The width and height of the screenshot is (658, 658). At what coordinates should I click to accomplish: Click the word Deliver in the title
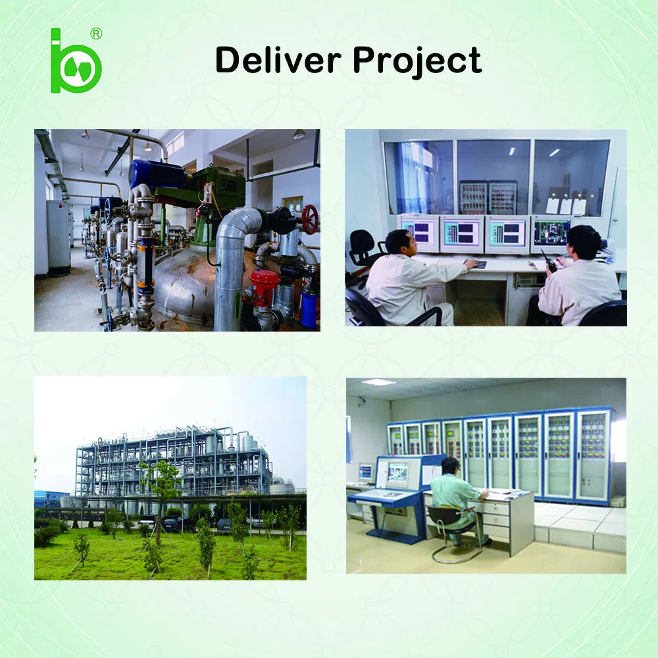click(278, 60)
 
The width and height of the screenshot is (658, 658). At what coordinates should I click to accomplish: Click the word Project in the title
click(417, 62)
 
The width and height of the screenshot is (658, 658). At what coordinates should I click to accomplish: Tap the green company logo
click(75, 61)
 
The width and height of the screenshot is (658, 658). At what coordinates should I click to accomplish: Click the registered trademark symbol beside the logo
click(96, 34)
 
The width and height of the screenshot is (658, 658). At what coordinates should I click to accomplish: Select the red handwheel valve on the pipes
click(310, 219)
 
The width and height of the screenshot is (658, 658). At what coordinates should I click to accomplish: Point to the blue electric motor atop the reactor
click(157, 173)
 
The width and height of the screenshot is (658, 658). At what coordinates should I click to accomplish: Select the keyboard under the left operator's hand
click(476, 265)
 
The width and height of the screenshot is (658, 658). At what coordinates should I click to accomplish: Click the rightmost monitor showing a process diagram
click(551, 233)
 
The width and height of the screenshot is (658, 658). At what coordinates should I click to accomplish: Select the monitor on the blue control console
click(397, 472)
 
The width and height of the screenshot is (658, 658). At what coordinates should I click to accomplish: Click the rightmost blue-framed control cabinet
click(592, 455)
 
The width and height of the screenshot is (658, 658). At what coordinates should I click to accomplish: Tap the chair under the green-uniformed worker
click(453, 532)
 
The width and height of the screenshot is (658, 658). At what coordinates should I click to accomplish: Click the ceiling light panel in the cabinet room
click(378, 382)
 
